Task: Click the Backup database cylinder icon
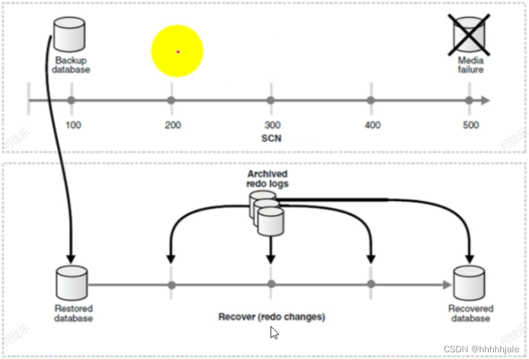pos(69,35)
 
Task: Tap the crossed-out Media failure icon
pos(470,33)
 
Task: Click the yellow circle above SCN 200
pos(177,51)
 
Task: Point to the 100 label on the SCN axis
pos(73,125)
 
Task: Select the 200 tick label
pos(173,125)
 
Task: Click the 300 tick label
pos(272,125)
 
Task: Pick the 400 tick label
pos(372,125)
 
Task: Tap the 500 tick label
pos(471,125)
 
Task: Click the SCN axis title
pos(271,138)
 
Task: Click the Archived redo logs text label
pos(268,179)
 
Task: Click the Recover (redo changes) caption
pos(272,316)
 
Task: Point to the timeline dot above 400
pos(371,101)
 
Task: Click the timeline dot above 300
pos(271,101)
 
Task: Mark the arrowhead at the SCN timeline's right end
pos(485,101)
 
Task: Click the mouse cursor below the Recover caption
pos(274,332)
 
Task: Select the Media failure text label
pos(470,65)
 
